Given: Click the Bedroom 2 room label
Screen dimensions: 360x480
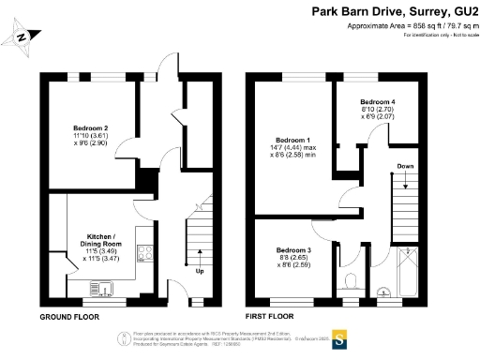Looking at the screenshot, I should pos(92,127).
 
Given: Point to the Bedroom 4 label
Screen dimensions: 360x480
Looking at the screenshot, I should pos(380,101).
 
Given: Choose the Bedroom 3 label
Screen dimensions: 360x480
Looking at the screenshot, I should pos(293,250).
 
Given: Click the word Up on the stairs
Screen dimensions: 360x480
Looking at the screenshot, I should pos(199,272).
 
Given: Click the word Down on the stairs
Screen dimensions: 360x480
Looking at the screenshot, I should pos(404,166).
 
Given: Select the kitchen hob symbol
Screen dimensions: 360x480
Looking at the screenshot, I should pos(145,251).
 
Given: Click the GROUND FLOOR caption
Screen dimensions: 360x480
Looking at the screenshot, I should pos(69,318).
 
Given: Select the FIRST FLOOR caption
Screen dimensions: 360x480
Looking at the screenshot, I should pos(272,318).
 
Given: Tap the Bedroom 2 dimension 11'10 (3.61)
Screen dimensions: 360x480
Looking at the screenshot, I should pos(92,136).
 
